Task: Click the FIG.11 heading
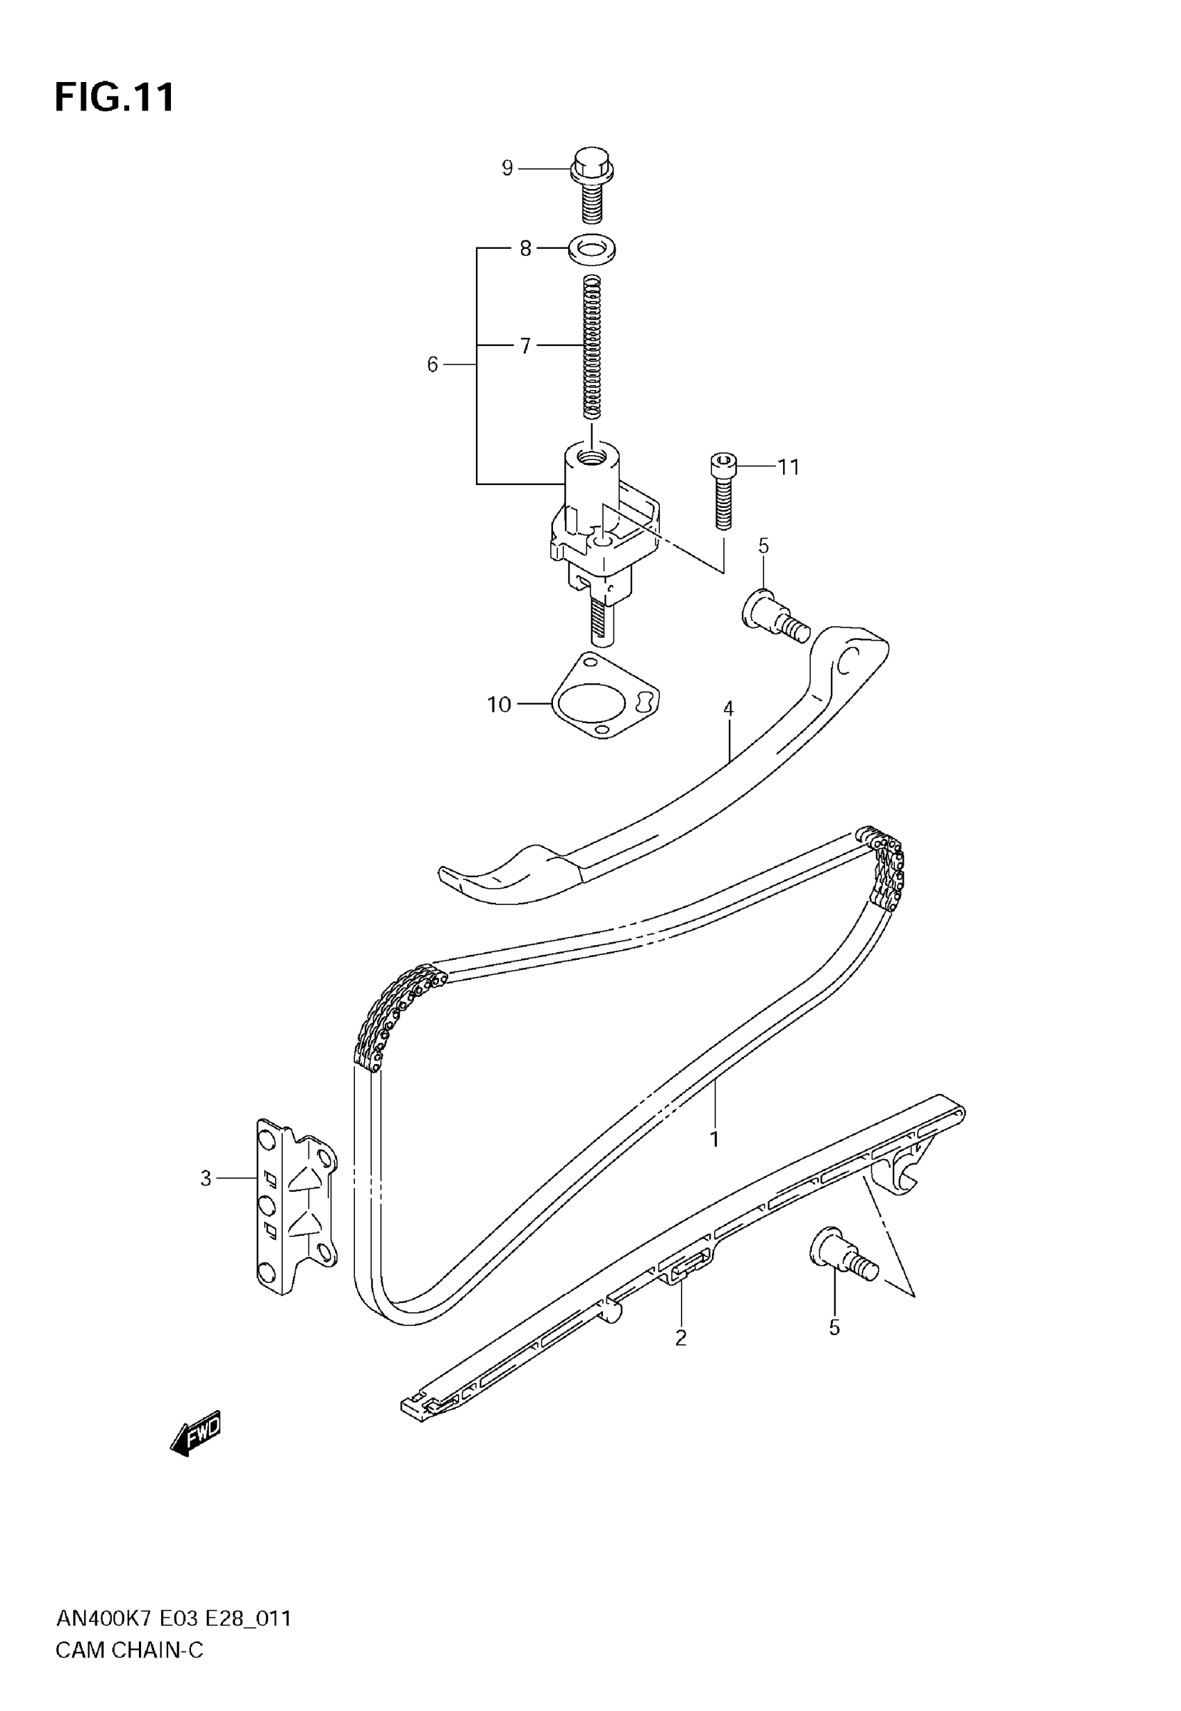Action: coord(115,97)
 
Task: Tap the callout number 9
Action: coord(507,168)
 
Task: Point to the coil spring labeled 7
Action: coord(592,346)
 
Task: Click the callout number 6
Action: coord(433,364)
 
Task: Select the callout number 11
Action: coord(788,467)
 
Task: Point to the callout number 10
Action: coord(499,705)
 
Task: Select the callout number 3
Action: coord(206,1177)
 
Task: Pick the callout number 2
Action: coord(681,1337)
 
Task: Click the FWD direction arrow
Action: coord(196,1435)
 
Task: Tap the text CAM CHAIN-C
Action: coord(129,1650)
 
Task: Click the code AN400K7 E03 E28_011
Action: coord(174,1619)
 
